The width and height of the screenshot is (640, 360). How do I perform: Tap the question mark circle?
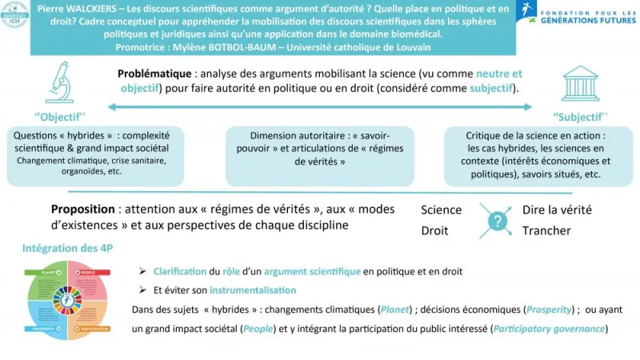498,220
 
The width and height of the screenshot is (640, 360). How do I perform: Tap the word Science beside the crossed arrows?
442,210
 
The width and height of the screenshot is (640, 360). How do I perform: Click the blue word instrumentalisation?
250,290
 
